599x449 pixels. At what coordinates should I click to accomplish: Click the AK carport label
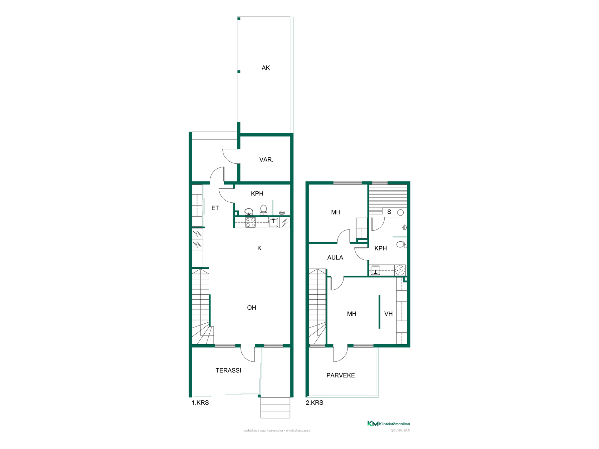265,68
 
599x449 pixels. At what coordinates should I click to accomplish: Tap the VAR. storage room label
266,160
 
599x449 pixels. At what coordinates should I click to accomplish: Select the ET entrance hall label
215,208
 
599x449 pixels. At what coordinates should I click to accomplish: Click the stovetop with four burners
250,222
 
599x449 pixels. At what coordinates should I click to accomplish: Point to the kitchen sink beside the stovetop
273,222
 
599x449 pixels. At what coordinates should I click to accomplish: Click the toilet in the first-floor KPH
264,210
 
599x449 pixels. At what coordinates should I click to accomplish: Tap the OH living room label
251,308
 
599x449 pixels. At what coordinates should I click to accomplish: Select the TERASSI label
228,370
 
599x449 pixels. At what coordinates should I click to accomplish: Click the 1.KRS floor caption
200,403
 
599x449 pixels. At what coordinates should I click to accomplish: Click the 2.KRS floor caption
314,403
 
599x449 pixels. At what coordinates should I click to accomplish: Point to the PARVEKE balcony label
341,375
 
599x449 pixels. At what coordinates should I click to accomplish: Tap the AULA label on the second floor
335,258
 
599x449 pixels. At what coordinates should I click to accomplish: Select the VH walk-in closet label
388,314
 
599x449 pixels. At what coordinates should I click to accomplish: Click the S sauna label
389,212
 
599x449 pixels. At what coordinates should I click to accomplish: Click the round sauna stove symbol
401,213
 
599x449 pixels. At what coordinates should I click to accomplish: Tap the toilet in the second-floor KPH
402,244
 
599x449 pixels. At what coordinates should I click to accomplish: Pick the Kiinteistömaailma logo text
394,424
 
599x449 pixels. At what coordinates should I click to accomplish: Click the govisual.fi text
400,430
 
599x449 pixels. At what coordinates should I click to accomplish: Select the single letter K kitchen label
259,248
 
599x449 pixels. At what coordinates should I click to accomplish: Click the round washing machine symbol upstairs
400,270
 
